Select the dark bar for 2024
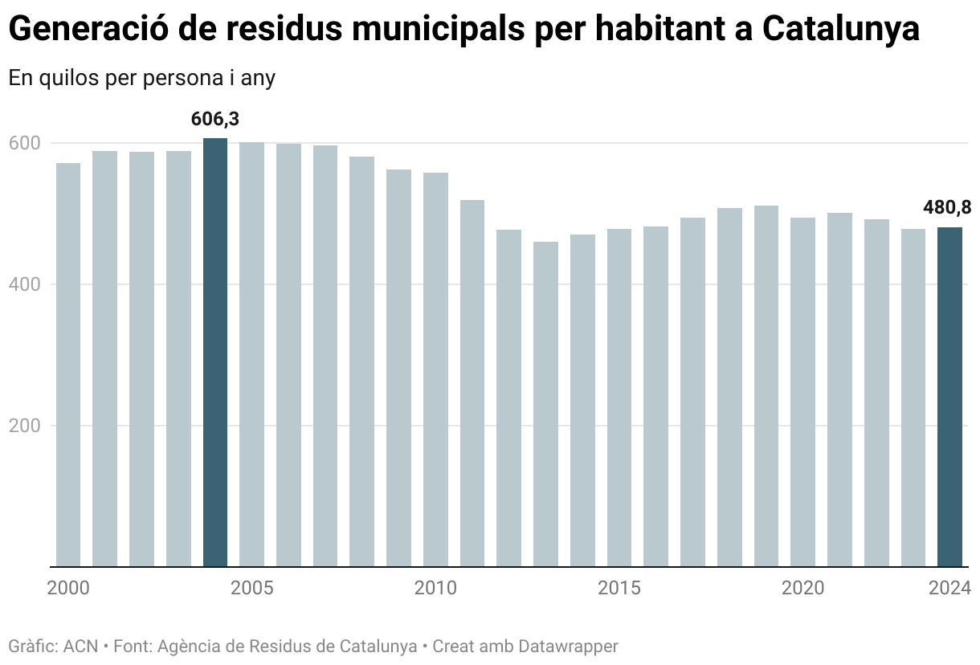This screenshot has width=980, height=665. point(949,397)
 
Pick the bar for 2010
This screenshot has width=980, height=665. point(435,369)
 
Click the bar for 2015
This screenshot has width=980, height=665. point(619,398)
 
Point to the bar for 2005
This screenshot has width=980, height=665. point(252,354)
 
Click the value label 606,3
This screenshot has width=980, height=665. point(215,120)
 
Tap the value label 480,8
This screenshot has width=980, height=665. point(947,208)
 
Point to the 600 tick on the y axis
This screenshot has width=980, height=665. point(24,143)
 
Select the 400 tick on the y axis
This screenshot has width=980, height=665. point(24,284)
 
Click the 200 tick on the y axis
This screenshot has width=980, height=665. point(24,426)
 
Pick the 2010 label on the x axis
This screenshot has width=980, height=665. point(435,589)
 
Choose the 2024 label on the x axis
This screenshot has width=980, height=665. point(949,589)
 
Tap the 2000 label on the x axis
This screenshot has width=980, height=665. point(68,589)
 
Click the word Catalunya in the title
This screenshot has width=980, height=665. point(841,30)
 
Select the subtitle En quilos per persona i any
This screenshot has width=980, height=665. point(142,78)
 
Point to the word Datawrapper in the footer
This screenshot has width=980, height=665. point(568,647)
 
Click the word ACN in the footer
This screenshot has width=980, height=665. point(81,647)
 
